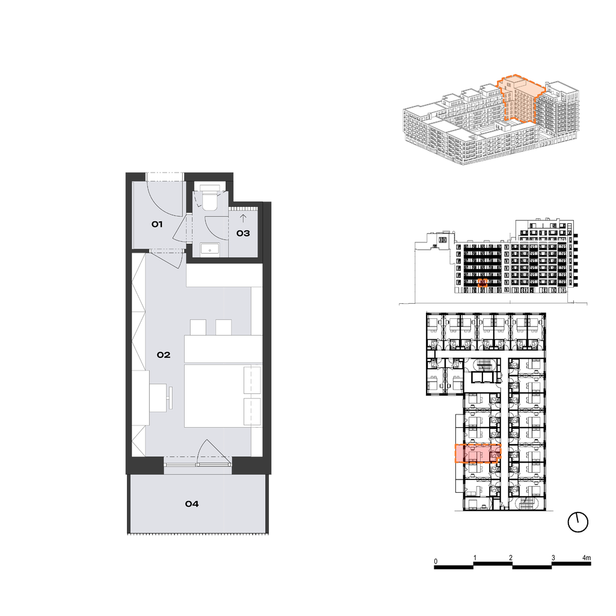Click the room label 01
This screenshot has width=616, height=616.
click(x=157, y=224)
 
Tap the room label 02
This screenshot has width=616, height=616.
click(x=164, y=355)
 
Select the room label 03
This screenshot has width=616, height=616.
click(x=243, y=233)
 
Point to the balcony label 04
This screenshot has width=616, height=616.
click(x=192, y=504)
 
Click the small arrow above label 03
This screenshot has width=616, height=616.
click(x=243, y=218)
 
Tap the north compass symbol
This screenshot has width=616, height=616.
click(x=578, y=523)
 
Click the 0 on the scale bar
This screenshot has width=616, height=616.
click(x=436, y=561)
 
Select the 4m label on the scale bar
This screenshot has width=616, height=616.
click(x=587, y=558)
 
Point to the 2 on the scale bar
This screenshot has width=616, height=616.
click(x=511, y=558)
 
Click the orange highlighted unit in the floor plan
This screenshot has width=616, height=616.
click(x=478, y=454)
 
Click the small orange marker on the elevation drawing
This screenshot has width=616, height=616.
click(x=483, y=283)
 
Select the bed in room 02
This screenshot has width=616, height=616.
click(x=223, y=396)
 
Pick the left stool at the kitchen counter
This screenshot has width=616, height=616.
click(x=198, y=327)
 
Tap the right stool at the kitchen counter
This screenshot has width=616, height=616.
click(x=224, y=327)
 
